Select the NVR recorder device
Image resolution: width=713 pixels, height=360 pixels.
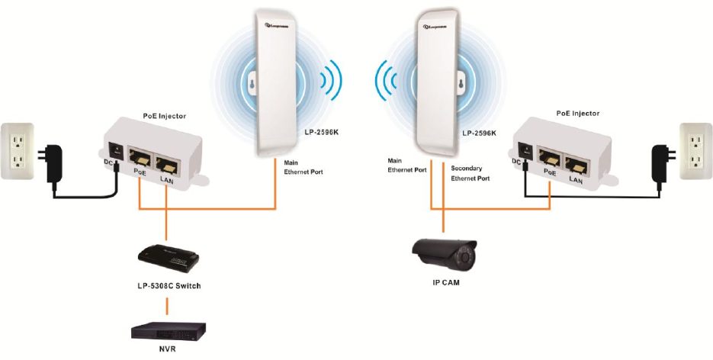pos(169,331)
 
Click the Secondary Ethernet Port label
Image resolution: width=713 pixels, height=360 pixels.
pos(470,172)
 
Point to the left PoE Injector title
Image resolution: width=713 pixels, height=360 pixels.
pos(164,115)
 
